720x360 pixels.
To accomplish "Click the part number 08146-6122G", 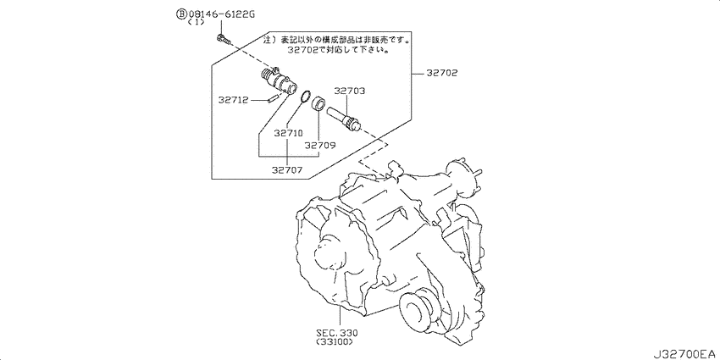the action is point(221,14).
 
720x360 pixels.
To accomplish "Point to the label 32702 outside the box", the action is point(441,73).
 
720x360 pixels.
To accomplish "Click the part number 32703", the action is point(350,91).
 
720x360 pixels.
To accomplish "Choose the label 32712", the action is point(233,99).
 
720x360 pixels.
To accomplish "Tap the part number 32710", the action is point(288,134).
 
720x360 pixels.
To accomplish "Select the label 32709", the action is point(320,145).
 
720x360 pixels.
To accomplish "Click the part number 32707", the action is point(287,170).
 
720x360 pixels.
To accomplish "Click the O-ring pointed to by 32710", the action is point(304,97).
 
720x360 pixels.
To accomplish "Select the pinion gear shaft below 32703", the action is point(345,118).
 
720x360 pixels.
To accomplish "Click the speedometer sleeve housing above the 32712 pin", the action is point(279,80).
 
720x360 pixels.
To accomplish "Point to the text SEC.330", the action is point(336,333).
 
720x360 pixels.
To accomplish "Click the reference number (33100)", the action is point(335,342).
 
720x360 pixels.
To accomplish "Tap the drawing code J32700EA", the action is point(685,354).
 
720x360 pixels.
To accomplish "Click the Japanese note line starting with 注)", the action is point(337,41).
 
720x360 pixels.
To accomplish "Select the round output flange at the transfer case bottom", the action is point(418,308).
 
